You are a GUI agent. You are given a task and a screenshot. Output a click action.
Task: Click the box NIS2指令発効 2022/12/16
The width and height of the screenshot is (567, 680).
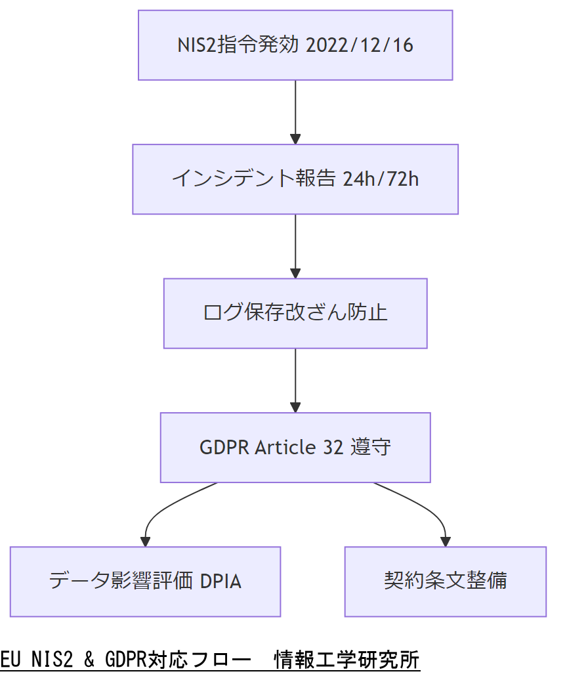(x=295, y=45)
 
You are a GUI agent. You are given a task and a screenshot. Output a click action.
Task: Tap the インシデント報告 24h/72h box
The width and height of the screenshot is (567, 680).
(x=295, y=179)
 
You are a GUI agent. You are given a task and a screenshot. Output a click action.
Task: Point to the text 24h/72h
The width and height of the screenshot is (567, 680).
(x=380, y=179)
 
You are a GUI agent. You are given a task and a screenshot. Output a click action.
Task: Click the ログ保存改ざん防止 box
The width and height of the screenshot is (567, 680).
(x=295, y=313)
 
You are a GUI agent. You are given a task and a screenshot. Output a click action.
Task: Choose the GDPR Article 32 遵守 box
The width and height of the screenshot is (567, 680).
(x=295, y=447)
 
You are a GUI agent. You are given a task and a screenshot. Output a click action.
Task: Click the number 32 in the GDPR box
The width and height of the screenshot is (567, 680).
(x=333, y=447)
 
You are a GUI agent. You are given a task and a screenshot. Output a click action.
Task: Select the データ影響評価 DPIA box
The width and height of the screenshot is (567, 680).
(x=145, y=581)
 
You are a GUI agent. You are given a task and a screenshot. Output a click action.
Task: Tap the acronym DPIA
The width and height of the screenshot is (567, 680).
(x=220, y=582)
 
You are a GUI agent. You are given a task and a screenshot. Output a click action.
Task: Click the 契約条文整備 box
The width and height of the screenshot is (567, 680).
(x=445, y=581)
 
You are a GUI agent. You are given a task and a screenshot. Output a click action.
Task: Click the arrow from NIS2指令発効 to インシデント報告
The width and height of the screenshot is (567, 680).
(x=295, y=112)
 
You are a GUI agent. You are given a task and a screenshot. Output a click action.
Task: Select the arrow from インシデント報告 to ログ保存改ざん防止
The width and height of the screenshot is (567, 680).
(x=295, y=246)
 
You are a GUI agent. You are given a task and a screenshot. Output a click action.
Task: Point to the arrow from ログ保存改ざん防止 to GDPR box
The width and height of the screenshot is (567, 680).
(x=295, y=380)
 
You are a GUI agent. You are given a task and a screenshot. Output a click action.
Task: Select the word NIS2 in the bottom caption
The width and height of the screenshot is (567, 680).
(x=49, y=658)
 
